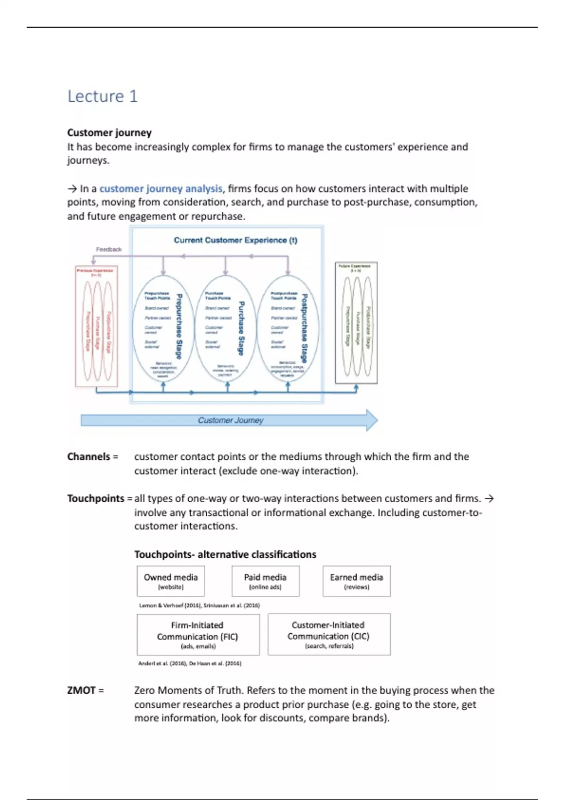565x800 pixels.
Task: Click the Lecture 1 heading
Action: (x=102, y=96)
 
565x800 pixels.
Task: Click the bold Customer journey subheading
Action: (x=109, y=132)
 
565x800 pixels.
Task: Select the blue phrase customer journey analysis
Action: (x=161, y=189)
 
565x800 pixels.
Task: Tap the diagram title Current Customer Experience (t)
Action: (x=235, y=240)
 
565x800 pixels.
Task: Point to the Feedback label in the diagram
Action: (x=109, y=249)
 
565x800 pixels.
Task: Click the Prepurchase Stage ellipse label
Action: (x=179, y=326)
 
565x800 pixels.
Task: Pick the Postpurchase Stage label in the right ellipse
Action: (x=304, y=328)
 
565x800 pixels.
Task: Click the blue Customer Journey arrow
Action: (x=230, y=420)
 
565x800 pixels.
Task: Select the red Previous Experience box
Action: (x=97, y=326)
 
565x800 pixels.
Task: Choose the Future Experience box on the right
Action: (x=356, y=323)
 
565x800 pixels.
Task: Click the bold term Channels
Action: (x=89, y=456)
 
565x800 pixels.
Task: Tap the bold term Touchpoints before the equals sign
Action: (x=96, y=498)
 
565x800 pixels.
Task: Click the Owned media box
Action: (x=170, y=581)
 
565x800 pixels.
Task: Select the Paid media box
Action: (x=265, y=581)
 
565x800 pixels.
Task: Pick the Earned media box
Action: (x=356, y=581)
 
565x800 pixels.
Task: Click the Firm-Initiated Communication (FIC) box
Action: (x=198, y=634)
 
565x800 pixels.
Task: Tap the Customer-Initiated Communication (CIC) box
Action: (x=329, y=634)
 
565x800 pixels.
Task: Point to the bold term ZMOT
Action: (x=81, y=690)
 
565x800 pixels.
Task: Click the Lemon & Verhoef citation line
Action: (x=199, y=606)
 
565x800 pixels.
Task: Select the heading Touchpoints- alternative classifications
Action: (x=225, y=554)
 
